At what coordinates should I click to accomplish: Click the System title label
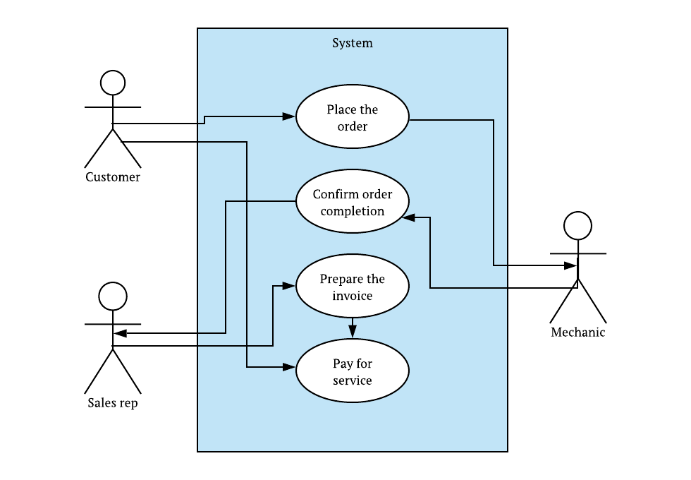(x=353, y=43)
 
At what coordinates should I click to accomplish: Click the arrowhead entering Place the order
(x=288, y=116)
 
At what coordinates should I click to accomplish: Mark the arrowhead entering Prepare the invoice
(x=288, y=285)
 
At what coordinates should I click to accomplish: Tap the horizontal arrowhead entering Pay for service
(x=288, y=367)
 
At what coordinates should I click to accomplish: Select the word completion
(x=353, y=211)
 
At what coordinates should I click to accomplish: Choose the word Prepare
(x=341, y=279)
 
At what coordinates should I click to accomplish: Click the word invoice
(x=353, y=296)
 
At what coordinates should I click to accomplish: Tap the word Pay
(x=342, y=364)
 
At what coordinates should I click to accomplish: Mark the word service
(x=353, y=380)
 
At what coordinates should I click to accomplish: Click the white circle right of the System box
(x=577, y=226)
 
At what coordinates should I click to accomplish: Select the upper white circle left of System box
(x=113, y=83)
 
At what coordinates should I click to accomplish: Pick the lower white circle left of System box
(x=113, y=296)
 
